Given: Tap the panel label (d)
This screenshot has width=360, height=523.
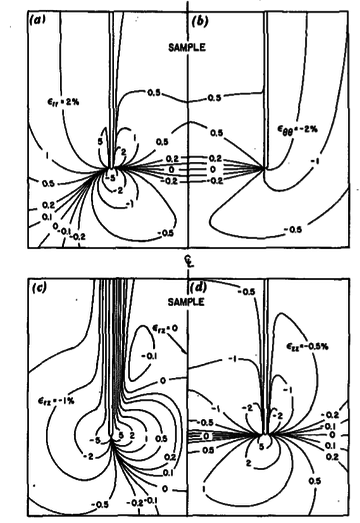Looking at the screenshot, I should coord(198,291).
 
